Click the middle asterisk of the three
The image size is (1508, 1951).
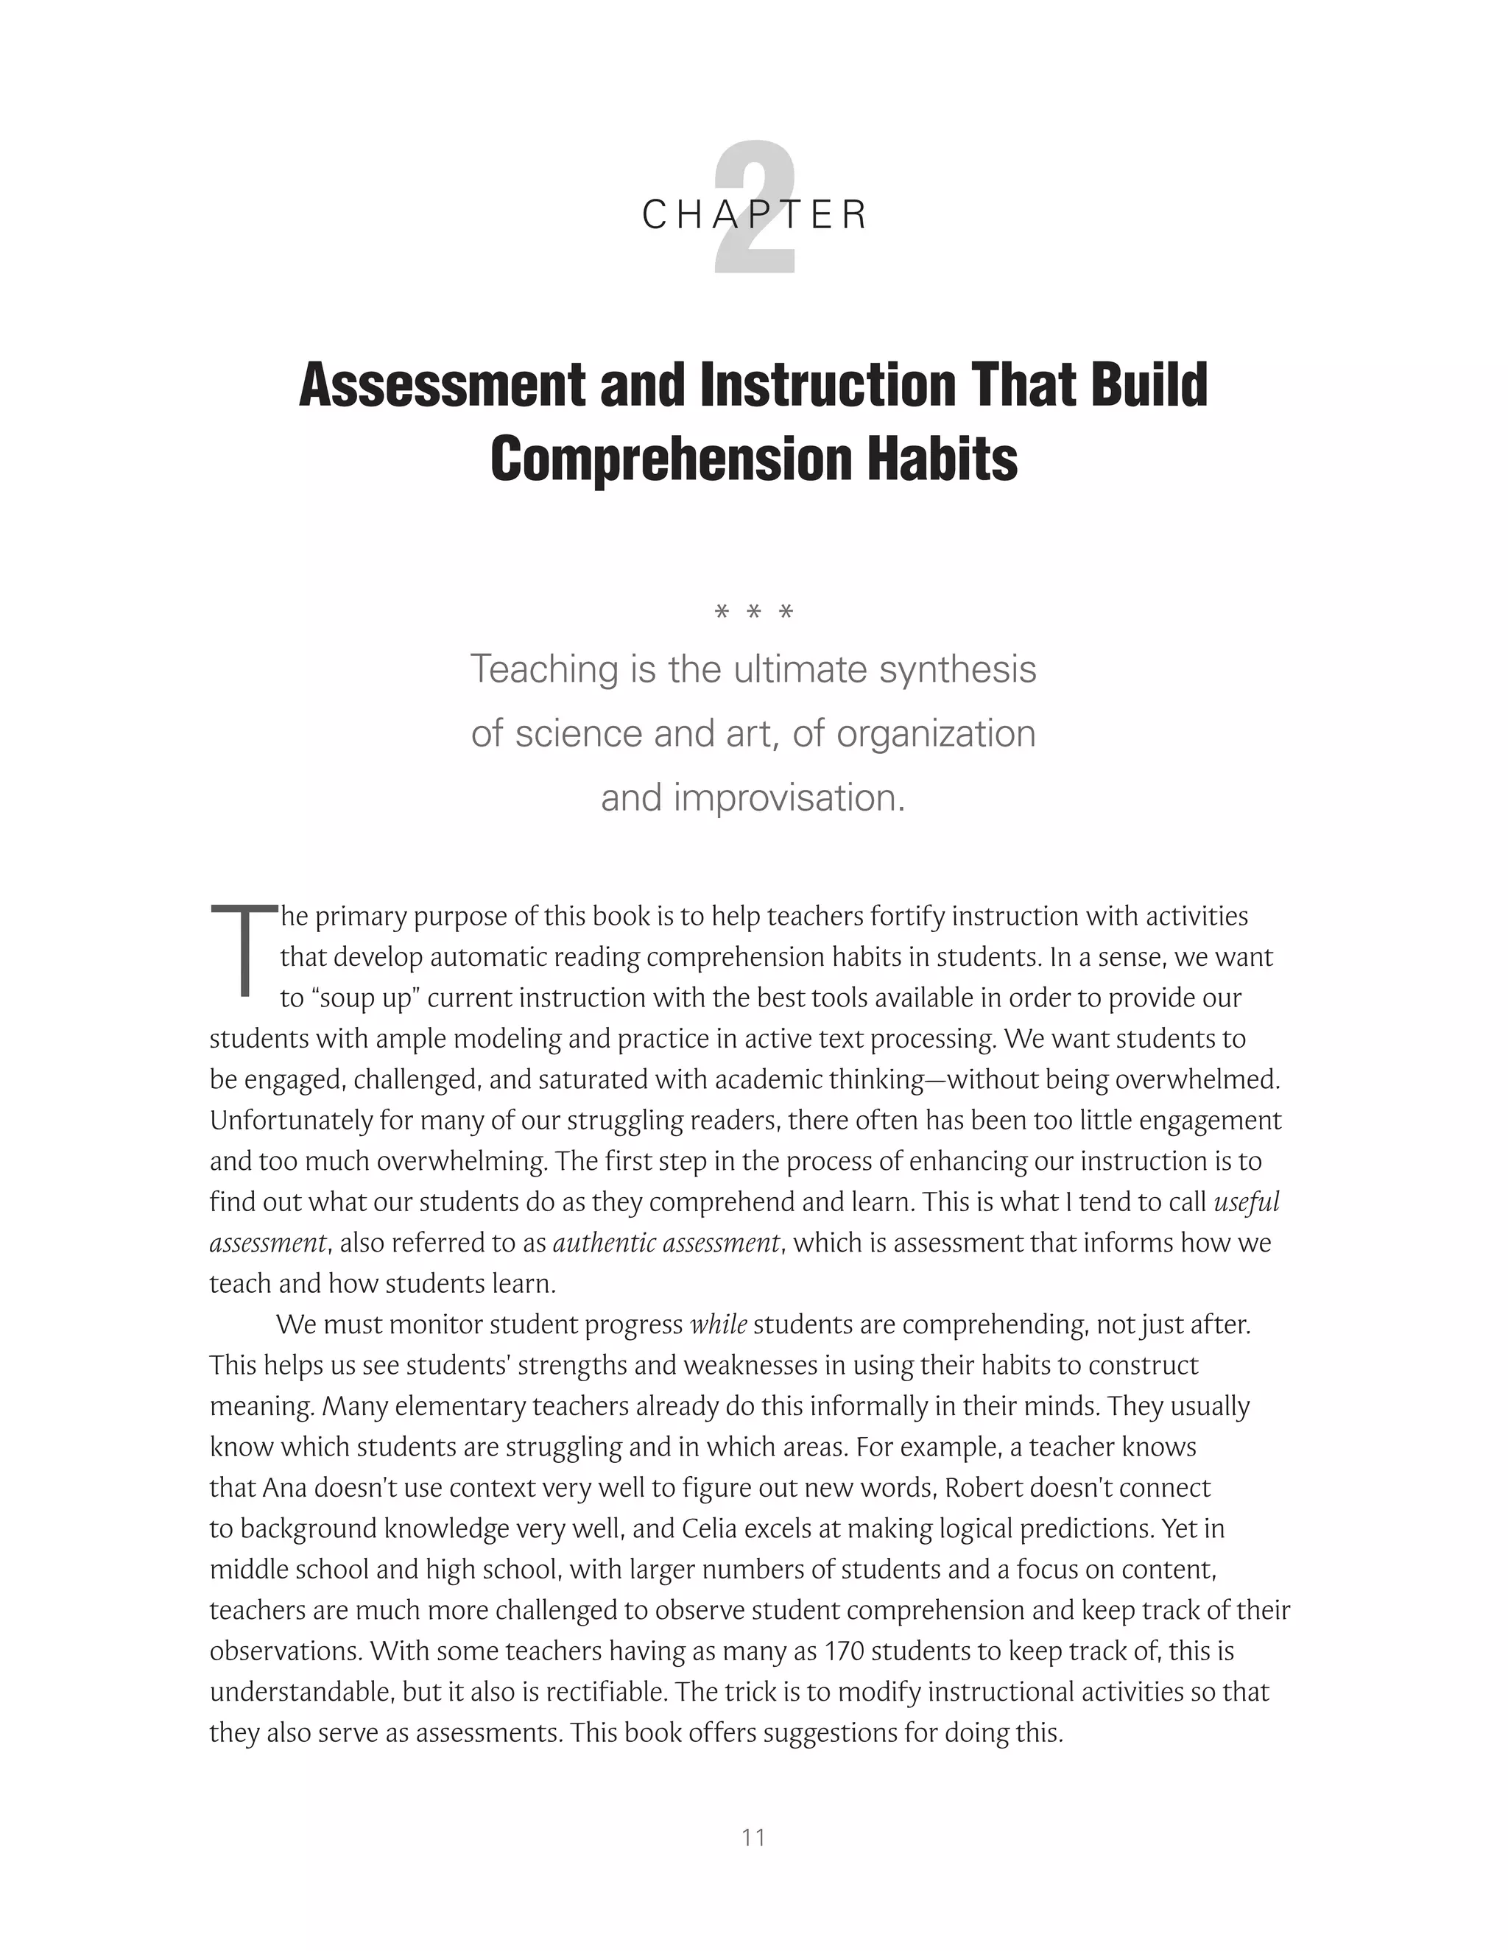(754, 613)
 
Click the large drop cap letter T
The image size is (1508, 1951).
(243, 950)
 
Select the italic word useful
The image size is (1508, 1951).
(1247, 1202)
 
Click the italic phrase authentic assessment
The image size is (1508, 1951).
(666, 1243)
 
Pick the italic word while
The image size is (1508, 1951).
(718, 1324)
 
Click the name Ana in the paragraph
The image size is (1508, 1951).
(284, 1487)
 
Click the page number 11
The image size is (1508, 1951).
(753, 1838)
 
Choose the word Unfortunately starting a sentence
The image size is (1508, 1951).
(292, 1121)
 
